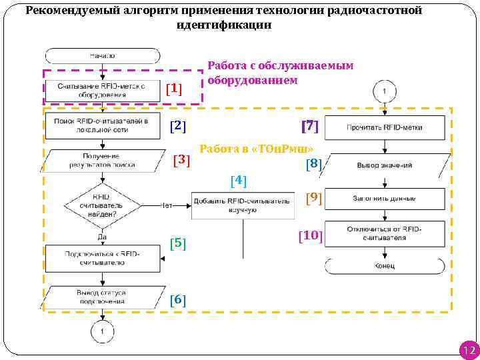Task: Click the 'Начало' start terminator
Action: pos(102,56)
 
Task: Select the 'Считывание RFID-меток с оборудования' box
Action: pos(102,90)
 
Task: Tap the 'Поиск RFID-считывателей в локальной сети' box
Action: pos(102,125)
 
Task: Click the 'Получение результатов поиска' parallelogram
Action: pos(102,160)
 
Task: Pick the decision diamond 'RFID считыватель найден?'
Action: pos(102,205)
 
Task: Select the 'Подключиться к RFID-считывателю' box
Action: pos(102,258)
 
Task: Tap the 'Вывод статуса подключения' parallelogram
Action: pos(102,297)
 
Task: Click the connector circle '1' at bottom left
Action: pos(102,331)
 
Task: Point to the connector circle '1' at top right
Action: pos(385,90)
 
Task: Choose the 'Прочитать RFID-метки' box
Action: pos(385,127)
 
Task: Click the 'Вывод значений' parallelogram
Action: pos(385,165)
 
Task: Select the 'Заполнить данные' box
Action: pos(385,199)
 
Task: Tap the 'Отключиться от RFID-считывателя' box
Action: pos(385,233)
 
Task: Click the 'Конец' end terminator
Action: pos(385,266)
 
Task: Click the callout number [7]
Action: pos(310,125)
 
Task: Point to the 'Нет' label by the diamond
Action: pos(167,205)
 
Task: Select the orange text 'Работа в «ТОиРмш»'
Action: pos(257,149)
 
